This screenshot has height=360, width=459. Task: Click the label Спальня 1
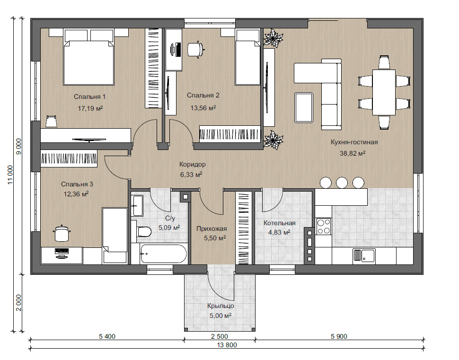89,97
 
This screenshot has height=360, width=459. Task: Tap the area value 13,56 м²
203,108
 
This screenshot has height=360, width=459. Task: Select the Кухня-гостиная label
354,142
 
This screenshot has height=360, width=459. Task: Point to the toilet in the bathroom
143,232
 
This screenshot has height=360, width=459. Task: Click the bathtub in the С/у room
163,254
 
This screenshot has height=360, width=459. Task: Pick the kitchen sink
364,255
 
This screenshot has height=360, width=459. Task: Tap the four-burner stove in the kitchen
324,226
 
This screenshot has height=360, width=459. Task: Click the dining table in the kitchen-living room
384,92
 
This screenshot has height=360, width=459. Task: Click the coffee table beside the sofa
304,107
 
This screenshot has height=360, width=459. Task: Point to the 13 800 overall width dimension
227,345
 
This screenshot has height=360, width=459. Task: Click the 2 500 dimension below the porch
220,337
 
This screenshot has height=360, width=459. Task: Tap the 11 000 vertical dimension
10,175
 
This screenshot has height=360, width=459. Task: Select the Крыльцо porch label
221,306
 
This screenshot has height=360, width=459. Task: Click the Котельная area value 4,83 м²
279,232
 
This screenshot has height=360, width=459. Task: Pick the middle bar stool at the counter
342,183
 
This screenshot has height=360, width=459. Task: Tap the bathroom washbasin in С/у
137,205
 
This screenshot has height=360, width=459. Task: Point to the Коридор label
192,165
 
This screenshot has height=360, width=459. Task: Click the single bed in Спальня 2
247,57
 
